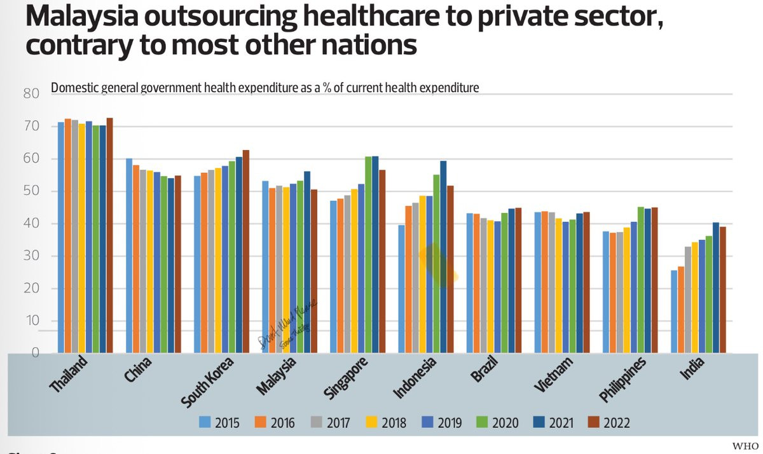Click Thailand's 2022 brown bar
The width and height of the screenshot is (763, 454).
(109, 235)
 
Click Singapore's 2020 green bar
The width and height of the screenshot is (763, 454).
(368, 254)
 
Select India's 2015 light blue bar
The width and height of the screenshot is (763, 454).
(674, 312)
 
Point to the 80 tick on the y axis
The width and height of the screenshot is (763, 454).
(31, 94)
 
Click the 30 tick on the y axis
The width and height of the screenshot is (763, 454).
(31, 256)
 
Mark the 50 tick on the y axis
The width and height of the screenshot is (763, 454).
(31, 191)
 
